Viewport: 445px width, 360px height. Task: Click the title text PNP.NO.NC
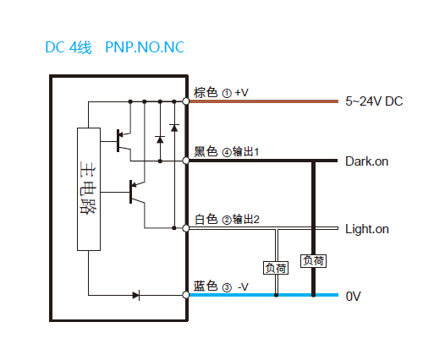click(x=145, y=47)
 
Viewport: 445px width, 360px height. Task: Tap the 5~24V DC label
click(x=374, y=101)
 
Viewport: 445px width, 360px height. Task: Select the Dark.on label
click(x=366, y=161)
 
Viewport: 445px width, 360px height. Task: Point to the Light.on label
click(x=367, y=229)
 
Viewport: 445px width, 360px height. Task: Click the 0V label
click(x=353, y=297)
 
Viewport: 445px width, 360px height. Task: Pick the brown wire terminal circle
click(x=186, y=101)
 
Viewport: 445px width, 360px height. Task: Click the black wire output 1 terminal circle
click(x=186, y=161)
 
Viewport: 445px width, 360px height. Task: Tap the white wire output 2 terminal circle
click(x=186, y=228)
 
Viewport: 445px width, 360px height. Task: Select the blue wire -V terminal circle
click(x=186, y=295)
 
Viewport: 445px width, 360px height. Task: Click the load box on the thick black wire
click(x=313, y=261)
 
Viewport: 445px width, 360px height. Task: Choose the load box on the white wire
click(x=276, y=268)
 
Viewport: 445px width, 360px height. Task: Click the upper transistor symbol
click(x=124, y=140)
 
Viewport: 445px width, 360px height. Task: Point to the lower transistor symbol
click(x=137, y=192)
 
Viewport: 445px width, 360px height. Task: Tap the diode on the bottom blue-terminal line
click(x=136, y=296)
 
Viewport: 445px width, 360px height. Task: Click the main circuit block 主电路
click(x=89, y=189)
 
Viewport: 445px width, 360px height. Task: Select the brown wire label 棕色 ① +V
click(x=221, y=93)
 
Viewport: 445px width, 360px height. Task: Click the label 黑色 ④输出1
click(x=226, y=151)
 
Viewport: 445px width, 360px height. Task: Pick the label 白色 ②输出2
click(x=227, y=219)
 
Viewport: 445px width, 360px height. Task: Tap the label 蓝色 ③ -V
click(x=221, y=286)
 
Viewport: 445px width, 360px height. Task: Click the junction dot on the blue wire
click(x=276, y=295)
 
